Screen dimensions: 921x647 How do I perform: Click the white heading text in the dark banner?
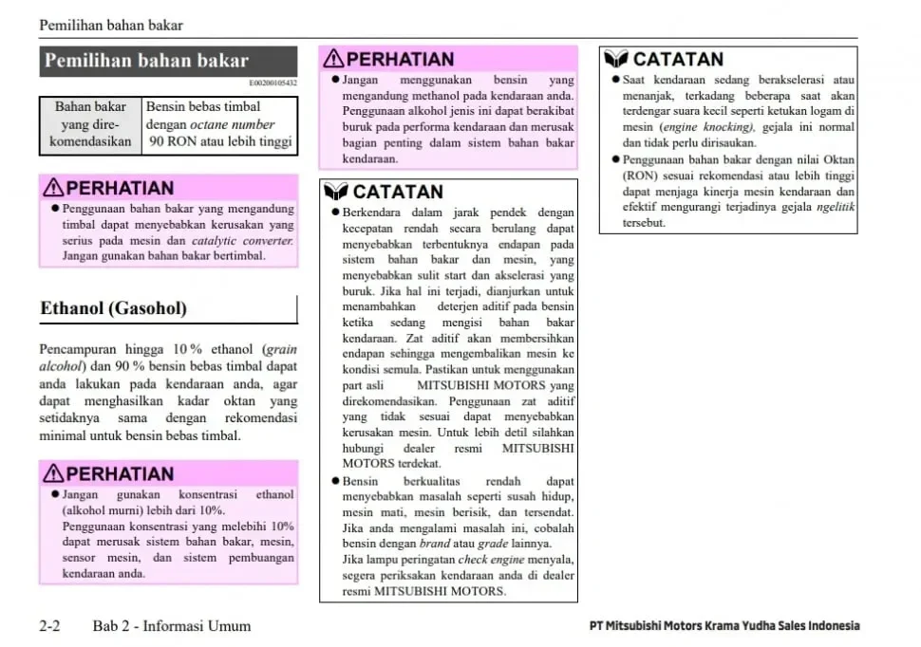click(146, 62)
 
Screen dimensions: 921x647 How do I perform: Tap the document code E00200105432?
click(273, 83)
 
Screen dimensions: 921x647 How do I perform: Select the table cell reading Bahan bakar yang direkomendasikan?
click(90, 124)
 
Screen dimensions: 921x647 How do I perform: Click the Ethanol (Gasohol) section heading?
click(113, 308)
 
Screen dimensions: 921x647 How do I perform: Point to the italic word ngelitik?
click(836, 207)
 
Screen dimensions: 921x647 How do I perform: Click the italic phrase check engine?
click(485, 560)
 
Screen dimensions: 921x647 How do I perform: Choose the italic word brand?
click(435, 544)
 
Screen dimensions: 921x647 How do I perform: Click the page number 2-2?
click(50, 626)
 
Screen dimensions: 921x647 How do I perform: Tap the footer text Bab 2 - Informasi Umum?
click(172, 626)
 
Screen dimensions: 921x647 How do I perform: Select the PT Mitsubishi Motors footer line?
click(724, 626)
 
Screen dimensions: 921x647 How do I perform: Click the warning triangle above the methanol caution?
click(334, 59)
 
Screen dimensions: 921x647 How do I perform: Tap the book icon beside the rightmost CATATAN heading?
click(616, 59)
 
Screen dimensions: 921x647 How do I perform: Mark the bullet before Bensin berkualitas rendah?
click(335, 482)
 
